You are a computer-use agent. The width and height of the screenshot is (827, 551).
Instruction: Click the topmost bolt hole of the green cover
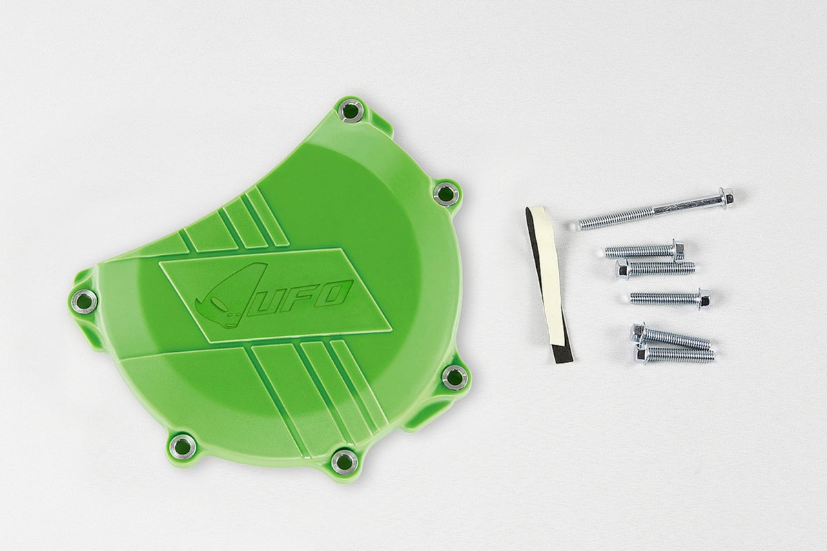tap(351, 110)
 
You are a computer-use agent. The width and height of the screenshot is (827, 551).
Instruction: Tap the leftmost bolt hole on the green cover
tap(84, 301)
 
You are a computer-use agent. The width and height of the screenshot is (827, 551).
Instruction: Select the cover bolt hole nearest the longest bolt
tap(446, 192)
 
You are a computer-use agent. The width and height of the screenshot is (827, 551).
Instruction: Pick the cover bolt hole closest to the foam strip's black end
tap(455, 377)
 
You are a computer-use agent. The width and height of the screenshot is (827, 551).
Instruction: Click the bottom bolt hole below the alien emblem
tap(183, 446)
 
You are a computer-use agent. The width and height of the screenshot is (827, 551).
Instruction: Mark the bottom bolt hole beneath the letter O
tap(344, 460)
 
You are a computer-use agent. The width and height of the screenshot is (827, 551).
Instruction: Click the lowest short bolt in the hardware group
tap(674, 354)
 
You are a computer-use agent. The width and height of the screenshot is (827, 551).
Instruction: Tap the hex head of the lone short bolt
tap(704, 299)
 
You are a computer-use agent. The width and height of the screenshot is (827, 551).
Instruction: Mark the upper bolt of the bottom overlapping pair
tap(671, 337)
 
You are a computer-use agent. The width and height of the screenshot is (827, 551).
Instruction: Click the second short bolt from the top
tap(655, 268)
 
